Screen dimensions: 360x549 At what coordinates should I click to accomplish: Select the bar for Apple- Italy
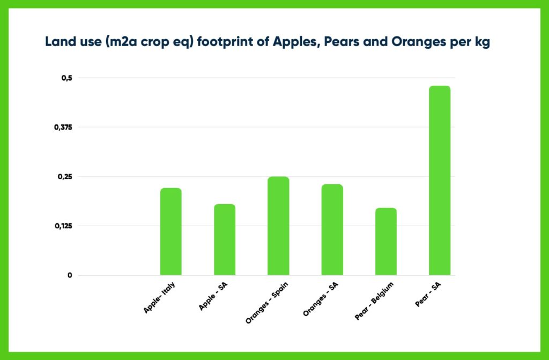point(170,231)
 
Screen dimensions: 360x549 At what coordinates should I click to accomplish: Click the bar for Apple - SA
point(224,239)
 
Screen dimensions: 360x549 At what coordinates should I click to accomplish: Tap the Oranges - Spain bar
point(278,226)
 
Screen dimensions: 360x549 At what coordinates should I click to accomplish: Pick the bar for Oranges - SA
point(332,229)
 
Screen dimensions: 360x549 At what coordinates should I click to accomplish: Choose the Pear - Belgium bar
point(385,241)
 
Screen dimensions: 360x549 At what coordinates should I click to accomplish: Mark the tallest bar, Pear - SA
point(440,180)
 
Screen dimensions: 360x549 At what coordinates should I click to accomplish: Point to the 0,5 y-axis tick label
point(66,78)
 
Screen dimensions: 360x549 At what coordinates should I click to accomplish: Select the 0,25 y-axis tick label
point(64,176)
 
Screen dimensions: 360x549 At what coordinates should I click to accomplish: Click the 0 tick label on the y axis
point(69,275)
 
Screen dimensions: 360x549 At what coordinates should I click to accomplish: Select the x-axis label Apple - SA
point(214,296)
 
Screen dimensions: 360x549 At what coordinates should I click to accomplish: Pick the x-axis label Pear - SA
point(431,294)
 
